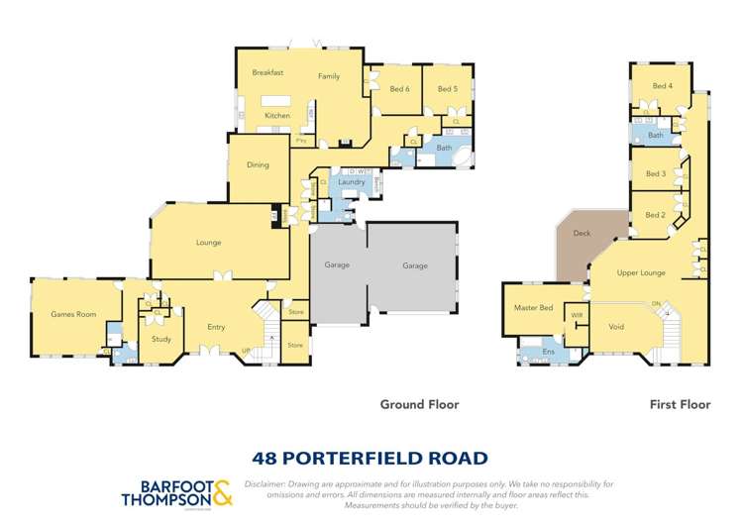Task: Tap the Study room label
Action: click(x=161, y=340)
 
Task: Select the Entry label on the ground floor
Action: click(x=216, y=327)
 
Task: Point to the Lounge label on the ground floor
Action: click(x=208, y=243)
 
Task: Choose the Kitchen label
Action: click(x=277, y=117)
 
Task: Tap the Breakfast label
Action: click(x=267, y=72)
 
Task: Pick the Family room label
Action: click(x=329, y=76)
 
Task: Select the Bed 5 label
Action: click(x=447, y=89)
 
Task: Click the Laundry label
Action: click(x=351, y=182)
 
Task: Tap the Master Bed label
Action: click(x=533, y=308)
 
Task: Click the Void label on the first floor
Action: click(x=616, y=326)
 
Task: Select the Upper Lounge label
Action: click(x=640, y=272)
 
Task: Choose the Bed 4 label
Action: click(x=662, y=86)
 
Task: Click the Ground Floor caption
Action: click(x=419, y=404)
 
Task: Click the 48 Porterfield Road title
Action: click(x=371, y=458)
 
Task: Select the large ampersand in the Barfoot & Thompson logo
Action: click(x=223, y=492)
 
